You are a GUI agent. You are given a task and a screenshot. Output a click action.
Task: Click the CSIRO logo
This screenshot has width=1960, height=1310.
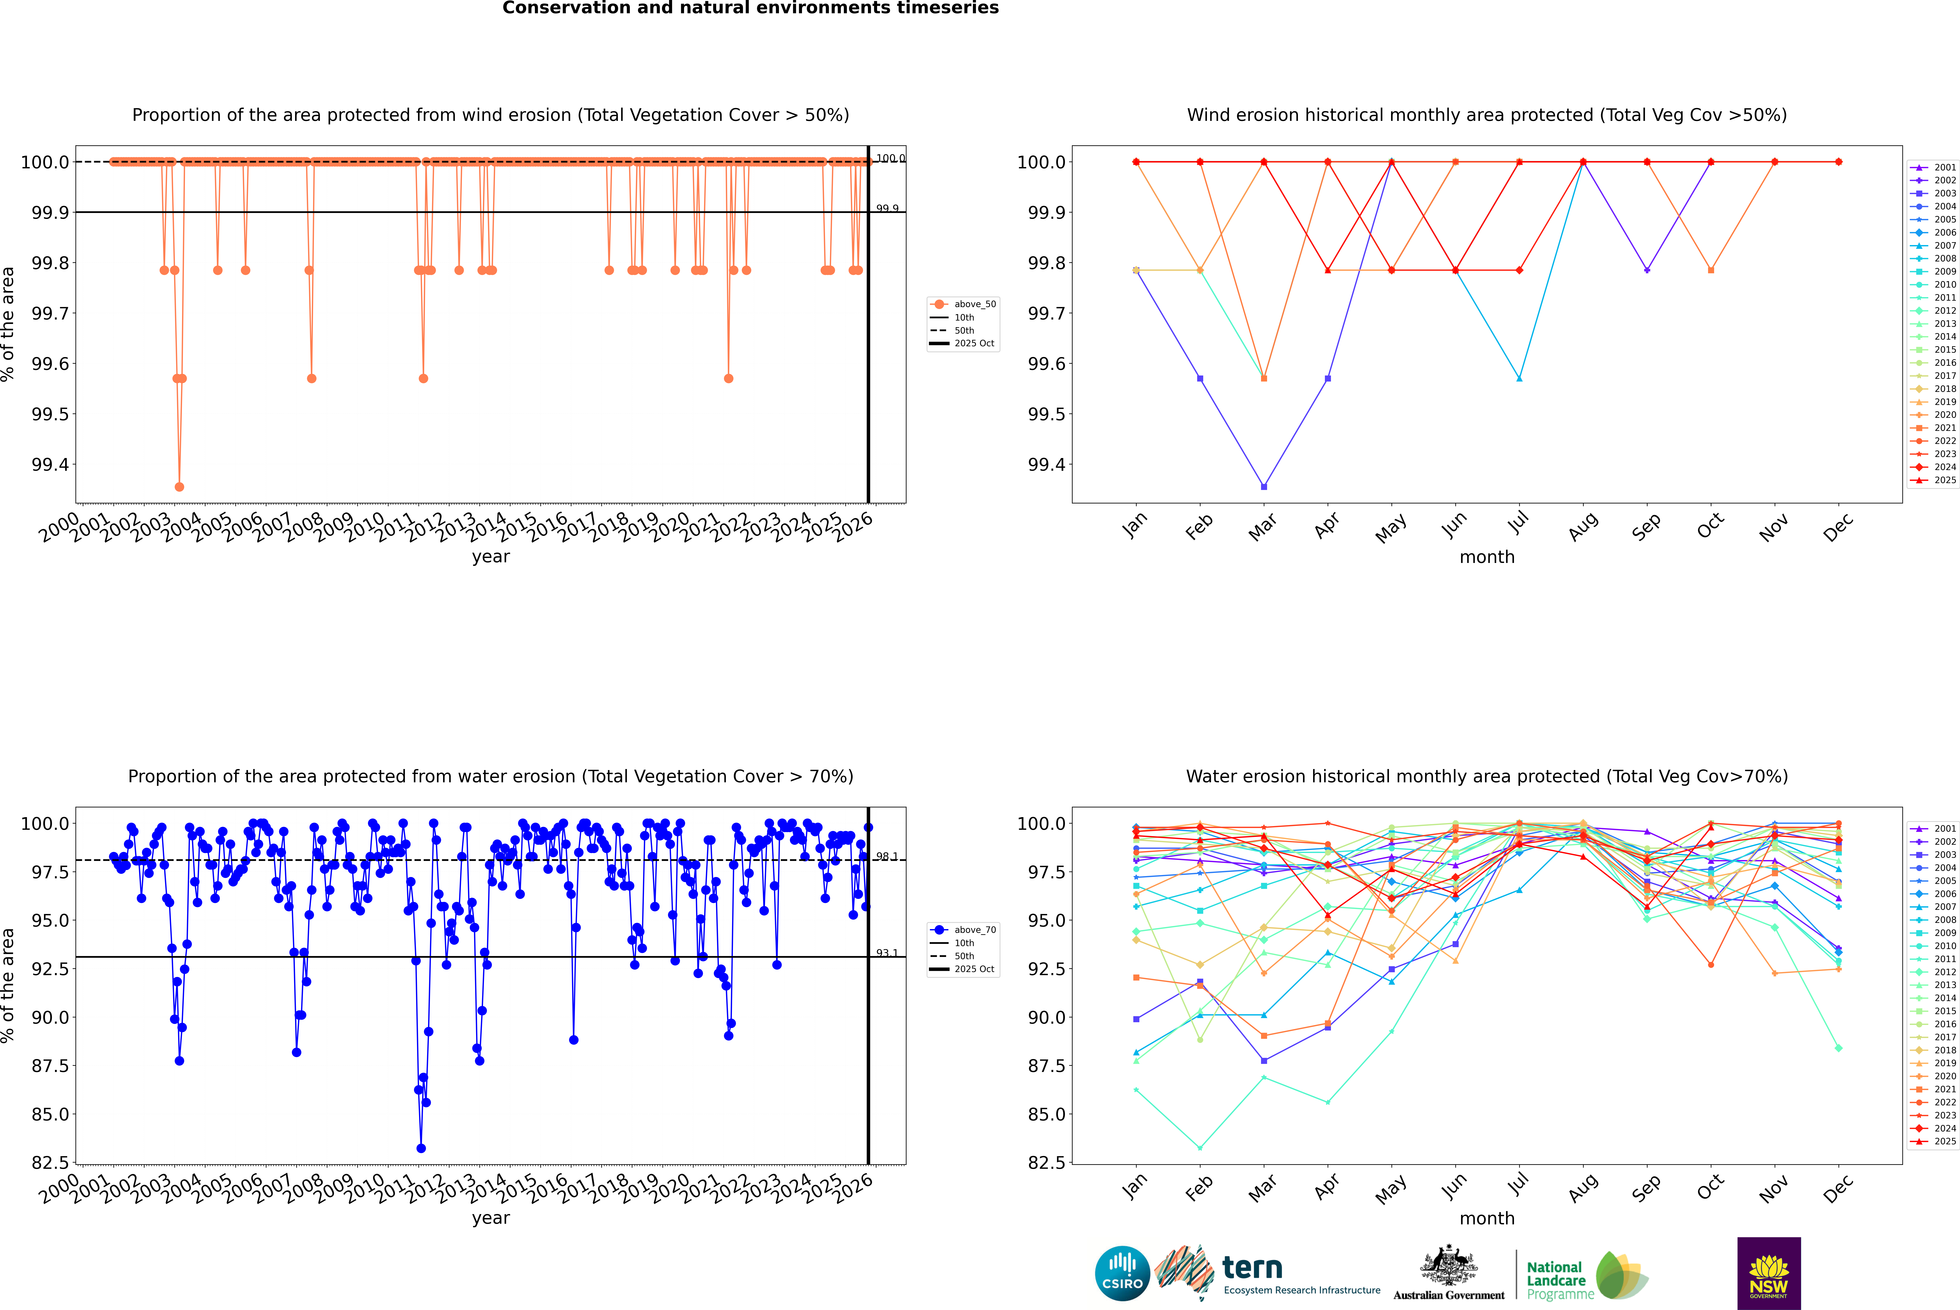[x=1122, y=1273]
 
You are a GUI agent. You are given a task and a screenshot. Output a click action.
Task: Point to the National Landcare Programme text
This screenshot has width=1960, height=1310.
[x=1556, y=1280]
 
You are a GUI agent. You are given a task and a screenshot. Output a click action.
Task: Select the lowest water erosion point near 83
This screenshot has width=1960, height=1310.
[x=421, y=1148]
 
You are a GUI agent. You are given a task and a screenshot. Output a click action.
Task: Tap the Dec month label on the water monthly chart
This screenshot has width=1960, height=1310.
[x=1838, y=1188]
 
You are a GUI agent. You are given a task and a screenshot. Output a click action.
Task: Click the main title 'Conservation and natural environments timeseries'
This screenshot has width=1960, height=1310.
[x=750, y=8]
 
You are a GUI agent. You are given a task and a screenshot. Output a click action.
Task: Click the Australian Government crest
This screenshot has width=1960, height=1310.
[x=1449, y=1266]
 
